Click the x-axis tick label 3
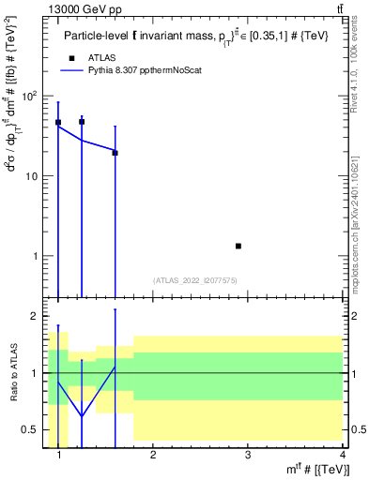point(247,455)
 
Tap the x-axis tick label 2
point(153,455)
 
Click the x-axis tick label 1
point(59,455)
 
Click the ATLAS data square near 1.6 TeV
point(115,153)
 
